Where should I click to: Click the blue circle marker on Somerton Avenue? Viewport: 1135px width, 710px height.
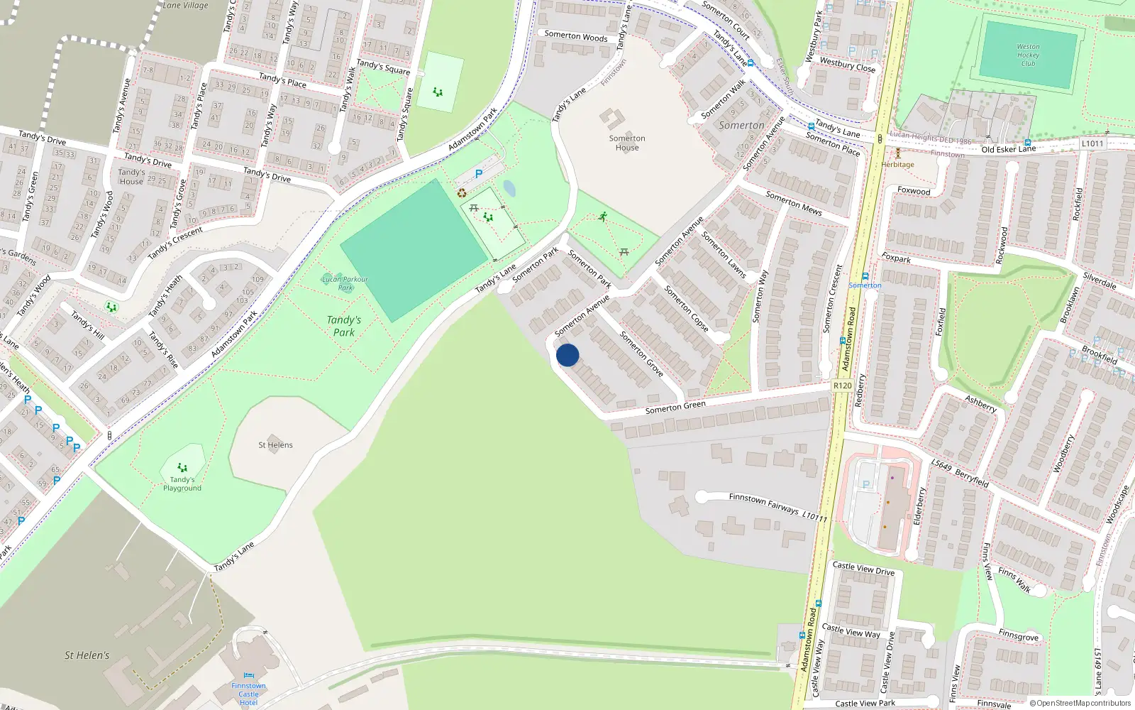coord(567,355)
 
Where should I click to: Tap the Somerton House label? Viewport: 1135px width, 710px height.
coord(627,143)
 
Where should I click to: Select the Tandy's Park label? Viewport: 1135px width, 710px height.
coord(344,326)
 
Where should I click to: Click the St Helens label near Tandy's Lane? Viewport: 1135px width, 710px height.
coord(275,445)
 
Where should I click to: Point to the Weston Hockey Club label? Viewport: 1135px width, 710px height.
coord(1028,55)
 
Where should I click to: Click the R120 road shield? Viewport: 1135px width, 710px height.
coord(842,386)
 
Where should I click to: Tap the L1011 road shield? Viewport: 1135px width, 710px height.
coord(1092,143)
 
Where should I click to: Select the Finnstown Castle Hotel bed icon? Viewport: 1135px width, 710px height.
coord(248,676)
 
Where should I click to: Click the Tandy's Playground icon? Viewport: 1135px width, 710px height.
coord(182,467)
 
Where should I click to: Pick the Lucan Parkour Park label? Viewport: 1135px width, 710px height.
coord(345,283)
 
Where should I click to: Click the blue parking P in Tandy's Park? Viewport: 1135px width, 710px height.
coord(479,174)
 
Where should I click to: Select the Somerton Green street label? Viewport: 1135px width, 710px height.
coord(675,407)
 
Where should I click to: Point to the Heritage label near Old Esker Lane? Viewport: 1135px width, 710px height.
coord(897,164)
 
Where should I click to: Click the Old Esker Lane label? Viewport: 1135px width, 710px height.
coord(1008,149)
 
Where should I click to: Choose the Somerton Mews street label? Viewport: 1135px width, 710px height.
coord(793,203)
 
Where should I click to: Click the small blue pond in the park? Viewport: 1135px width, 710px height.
coord(509,188)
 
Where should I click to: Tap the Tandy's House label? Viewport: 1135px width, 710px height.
coord(131,177)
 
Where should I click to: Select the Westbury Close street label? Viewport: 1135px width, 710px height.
coord(847,65)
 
